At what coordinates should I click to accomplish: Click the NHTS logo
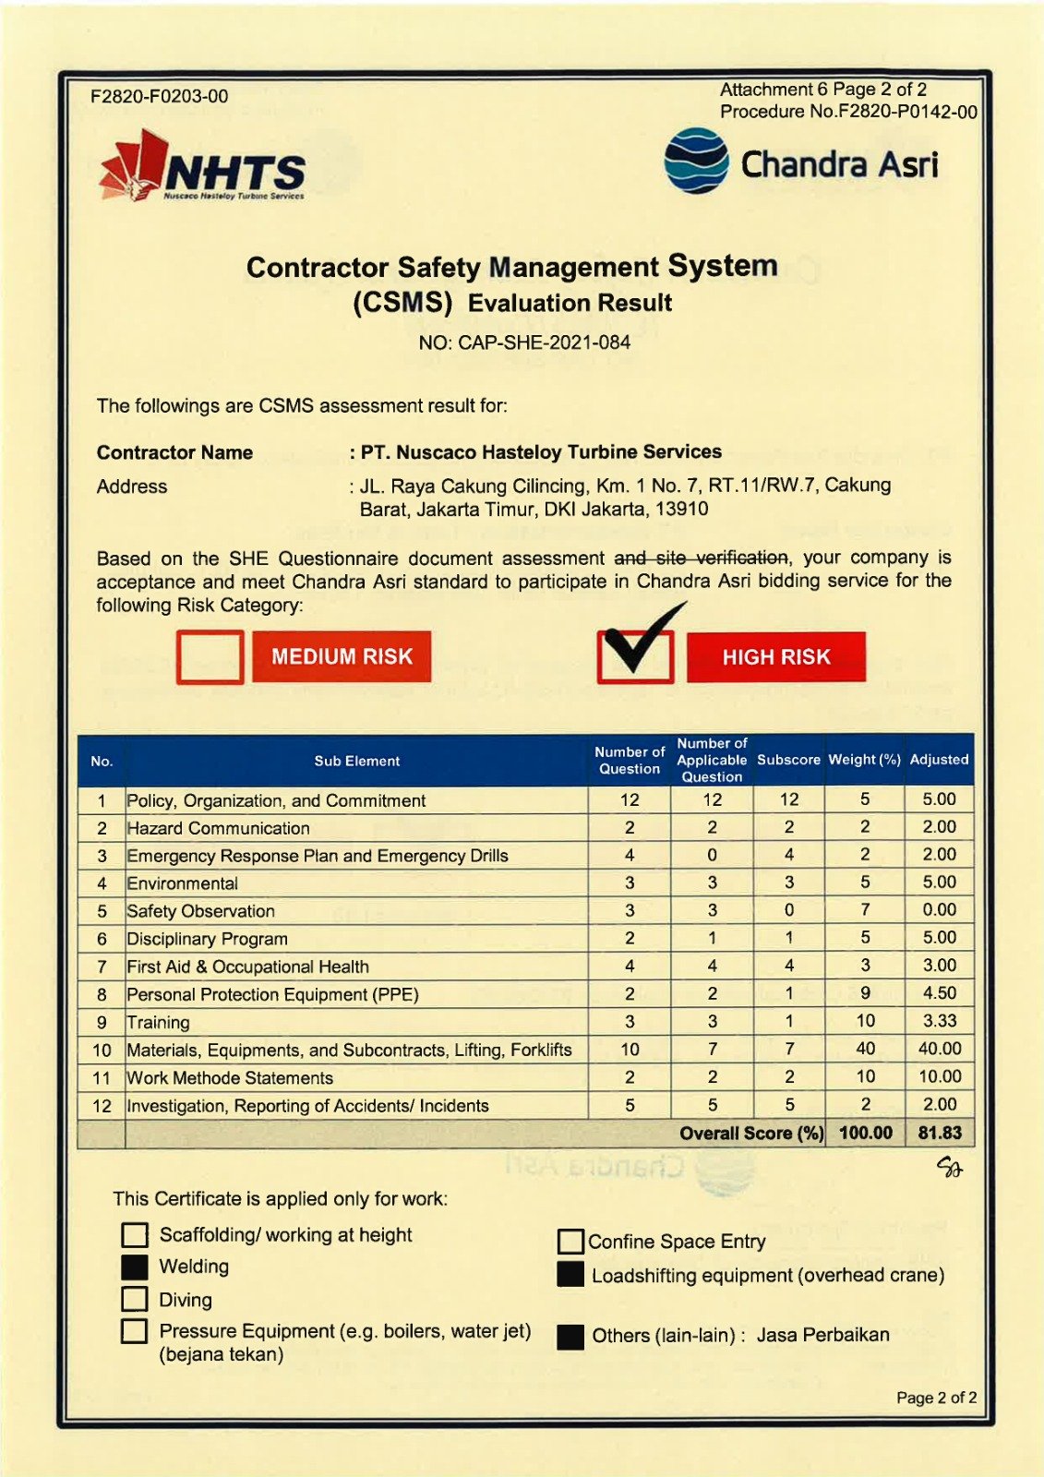202,167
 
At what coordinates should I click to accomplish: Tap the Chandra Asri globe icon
696,161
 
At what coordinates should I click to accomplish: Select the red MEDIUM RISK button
342,656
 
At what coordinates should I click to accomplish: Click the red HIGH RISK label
775,657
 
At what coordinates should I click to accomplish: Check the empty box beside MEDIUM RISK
210,657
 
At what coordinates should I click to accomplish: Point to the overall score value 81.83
940,1133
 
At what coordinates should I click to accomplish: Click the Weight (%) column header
864,760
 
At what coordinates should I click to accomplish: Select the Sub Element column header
356,761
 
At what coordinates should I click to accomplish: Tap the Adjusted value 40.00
940,1049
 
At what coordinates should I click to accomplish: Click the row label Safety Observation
200,911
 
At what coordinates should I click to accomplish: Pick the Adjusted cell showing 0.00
940,910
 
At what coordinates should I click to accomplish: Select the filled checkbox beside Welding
135,1267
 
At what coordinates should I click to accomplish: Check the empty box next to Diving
135,1300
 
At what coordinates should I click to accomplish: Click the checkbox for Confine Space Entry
570,1242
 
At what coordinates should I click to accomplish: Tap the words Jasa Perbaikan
822,1335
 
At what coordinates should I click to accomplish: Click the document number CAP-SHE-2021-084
524,343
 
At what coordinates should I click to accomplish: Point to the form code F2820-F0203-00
160,96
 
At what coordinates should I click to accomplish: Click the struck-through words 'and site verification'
702,558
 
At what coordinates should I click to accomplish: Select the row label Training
158,1022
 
